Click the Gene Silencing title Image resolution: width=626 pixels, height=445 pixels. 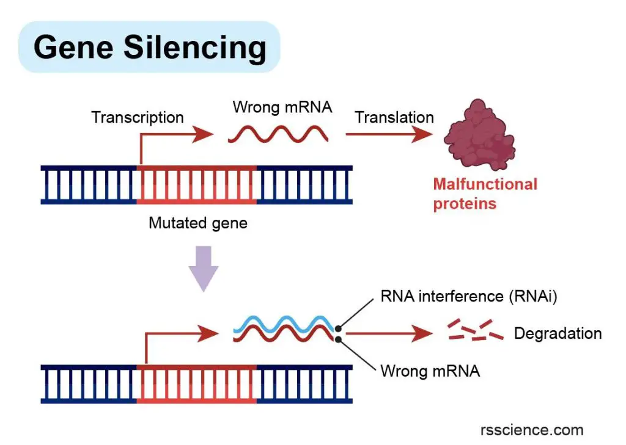point(150,48)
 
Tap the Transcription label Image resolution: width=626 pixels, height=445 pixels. point(138,118)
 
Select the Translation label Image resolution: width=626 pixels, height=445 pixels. point(394,117)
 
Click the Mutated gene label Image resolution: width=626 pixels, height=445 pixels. point(198,223)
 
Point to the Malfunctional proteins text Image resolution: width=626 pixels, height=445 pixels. point(485,194)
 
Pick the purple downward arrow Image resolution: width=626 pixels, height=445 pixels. point(204,269)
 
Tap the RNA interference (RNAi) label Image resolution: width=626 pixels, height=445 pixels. point(469,296)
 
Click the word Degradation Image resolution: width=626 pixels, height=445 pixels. point(558,333)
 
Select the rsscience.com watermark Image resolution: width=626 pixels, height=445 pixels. point(532,430)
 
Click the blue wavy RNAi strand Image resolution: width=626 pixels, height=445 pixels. point(284,323)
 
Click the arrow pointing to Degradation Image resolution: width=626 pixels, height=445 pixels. point(389,333)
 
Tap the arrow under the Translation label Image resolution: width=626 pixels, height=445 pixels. point(389,134)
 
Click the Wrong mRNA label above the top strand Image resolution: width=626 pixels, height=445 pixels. point(282,107)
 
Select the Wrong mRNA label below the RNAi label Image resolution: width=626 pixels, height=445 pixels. point(430,371)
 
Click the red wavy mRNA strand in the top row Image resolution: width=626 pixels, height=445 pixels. point(278,134)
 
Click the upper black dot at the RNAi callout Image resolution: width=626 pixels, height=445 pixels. point(338,329)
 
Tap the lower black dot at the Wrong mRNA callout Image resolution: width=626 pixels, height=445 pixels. point(338,339)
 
